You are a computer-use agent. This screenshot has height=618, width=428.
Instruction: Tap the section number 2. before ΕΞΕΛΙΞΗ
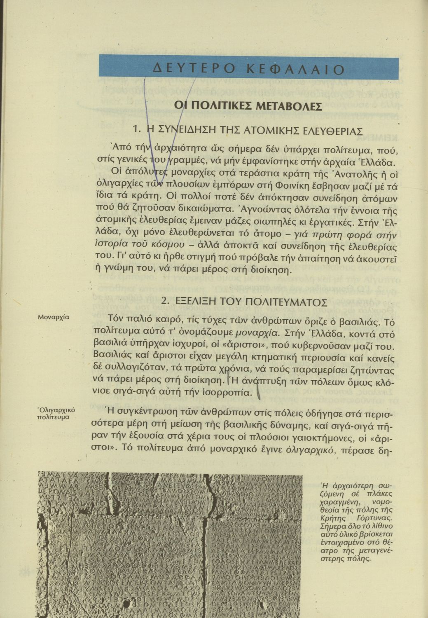pyautogui.click(x=166, y=301)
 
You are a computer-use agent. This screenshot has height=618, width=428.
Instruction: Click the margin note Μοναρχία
pyautogui.click(x=53, y=317)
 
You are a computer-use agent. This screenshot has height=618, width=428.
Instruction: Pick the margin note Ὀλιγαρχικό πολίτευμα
pyautogui.click(x=54, y=413)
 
